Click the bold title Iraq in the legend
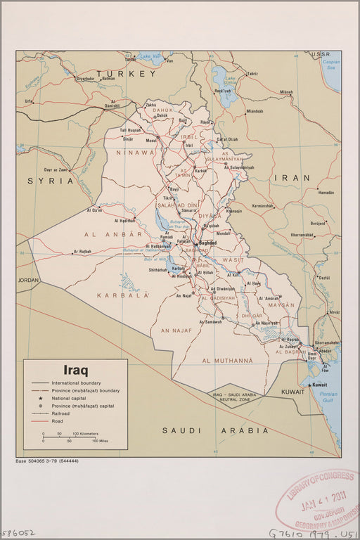76,369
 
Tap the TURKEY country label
127,73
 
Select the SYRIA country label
51,181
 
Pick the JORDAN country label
29,280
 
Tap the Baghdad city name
209,242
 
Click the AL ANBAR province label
112,233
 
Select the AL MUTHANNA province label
226,361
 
